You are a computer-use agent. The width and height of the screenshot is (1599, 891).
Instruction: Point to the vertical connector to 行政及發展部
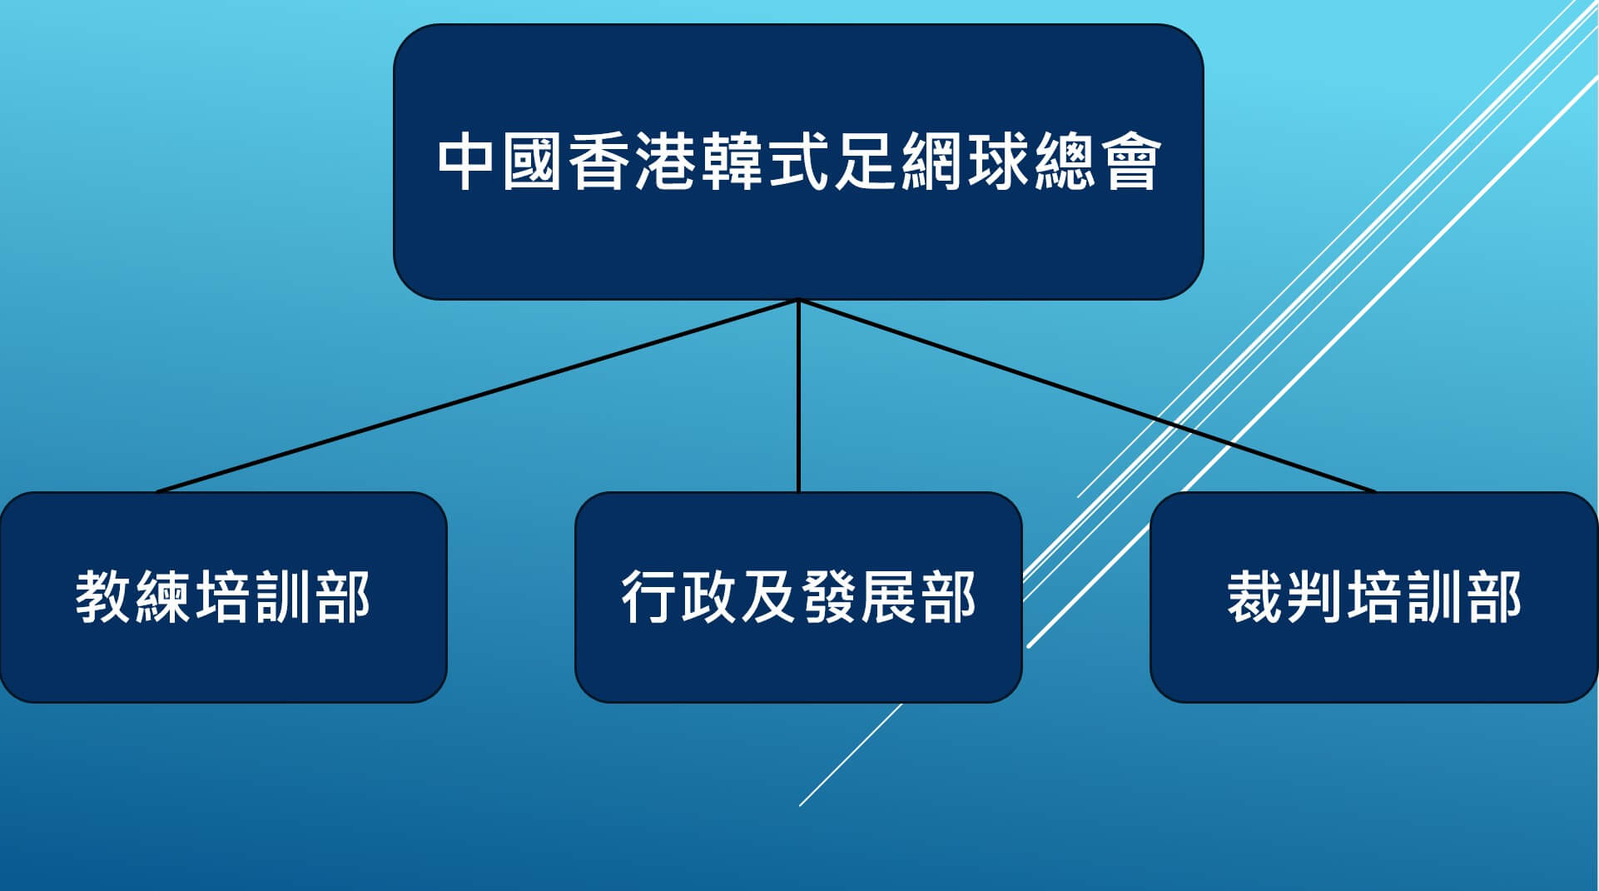pyautogui.click(x=798, y=396)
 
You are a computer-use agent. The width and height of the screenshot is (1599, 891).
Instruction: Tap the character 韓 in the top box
pyautogui.click(x=732, y=162)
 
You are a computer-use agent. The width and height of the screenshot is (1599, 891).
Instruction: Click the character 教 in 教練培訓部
pyautogui.click(x=104, y=597)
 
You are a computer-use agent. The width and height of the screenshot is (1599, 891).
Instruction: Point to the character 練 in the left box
pyautogui.click(x=163, y=597)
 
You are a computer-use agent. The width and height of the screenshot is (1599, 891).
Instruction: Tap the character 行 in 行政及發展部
pyautogui.click(x=649, y=597)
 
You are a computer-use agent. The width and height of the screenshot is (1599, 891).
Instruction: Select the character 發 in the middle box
pyautogui.click(x=828, y=597)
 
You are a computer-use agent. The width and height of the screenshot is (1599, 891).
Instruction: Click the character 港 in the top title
pyautogui.click(x=666, y=162)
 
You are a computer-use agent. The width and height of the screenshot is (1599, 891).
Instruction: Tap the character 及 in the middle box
pyautogui.click(x=769, y=597)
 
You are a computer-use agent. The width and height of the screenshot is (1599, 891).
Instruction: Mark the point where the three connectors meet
pyautogui.click(x=798, y=300)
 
